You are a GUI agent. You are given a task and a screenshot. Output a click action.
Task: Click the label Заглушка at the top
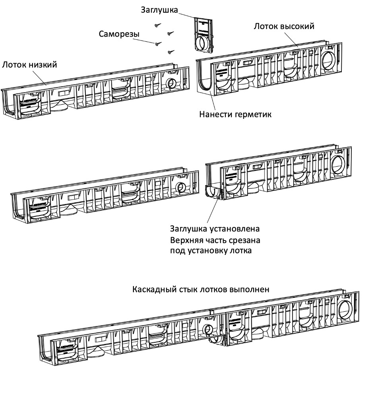(x=159, y=10)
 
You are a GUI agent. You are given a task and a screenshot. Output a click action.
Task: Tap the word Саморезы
(x=119, y=34)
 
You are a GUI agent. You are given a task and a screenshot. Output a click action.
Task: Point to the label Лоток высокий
(x=284, y=27)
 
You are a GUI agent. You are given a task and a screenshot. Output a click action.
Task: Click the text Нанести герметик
(x=235, y=115)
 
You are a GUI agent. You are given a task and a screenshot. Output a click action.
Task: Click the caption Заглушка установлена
(x=215, y=229)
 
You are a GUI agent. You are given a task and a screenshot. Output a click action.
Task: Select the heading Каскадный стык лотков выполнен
(x=201, y=289)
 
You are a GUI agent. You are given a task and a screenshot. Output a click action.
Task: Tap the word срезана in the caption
(x=244, y=240)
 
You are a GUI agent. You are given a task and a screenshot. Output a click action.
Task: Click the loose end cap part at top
(x=204, y=35)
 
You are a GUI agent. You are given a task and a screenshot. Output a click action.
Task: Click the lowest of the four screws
(x=171, y=51)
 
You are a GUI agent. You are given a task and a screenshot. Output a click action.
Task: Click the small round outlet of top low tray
(x=172, y=84)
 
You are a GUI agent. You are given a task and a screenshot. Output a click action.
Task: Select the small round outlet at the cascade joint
(x=207, y=330)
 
